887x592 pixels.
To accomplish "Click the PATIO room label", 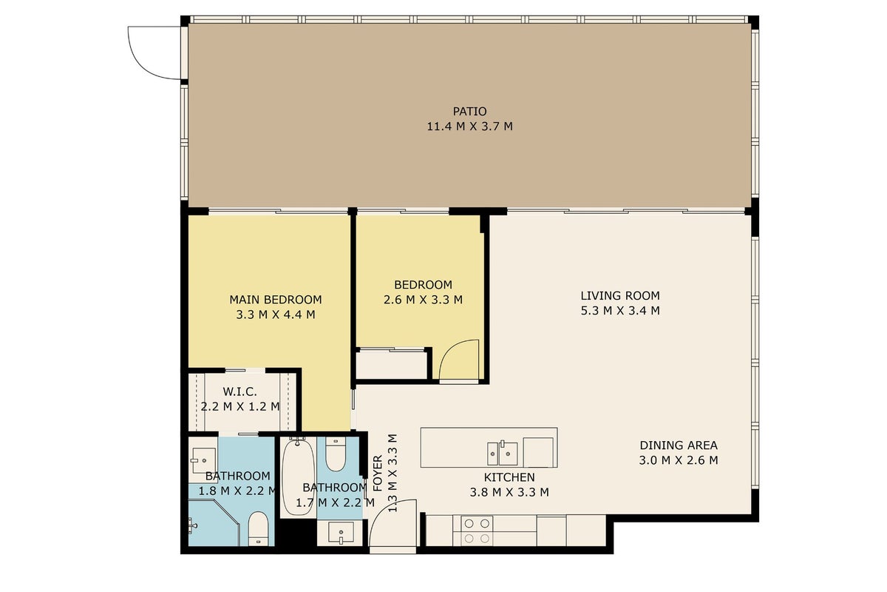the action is coord(469,112).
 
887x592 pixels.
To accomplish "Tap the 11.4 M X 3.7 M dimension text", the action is coord(469,127).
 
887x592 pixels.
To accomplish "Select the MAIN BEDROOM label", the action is coord(276,300).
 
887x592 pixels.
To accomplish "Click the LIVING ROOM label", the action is coord(620,296).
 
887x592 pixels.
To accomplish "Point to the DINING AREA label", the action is coord(679,445).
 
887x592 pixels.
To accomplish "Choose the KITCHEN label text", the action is coord(509,477).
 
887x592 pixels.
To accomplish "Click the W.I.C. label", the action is coord(240,391).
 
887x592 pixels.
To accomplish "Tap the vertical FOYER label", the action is coord(378,473).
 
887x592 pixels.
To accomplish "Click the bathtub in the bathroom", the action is coord(298,476).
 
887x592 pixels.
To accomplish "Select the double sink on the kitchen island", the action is coord(503,454).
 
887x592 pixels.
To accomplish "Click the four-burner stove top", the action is coord(477,531).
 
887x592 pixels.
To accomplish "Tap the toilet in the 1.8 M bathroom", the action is coord(259,528).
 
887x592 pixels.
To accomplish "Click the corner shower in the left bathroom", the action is coord(214,522).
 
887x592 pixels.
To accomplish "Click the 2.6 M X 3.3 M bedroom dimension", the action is coord(423,300).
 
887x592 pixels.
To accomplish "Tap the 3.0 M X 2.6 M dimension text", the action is coord(679,460).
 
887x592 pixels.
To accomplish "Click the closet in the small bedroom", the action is coord(391,364).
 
